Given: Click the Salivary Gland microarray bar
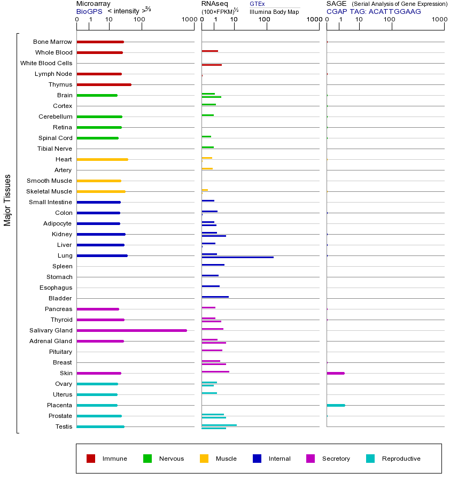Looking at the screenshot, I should (x=131, y=330).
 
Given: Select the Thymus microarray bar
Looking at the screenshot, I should (x=104, y=84).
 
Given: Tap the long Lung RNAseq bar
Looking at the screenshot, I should (x=237, y=258).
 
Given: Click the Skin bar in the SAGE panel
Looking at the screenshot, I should (x=335, y=373).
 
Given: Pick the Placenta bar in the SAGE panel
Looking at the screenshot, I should (x=336, y=405).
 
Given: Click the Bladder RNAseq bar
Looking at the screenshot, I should (x=215, y=297).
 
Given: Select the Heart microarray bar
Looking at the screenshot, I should (x=102, y=159).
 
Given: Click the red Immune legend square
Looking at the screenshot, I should (x=91, y=459).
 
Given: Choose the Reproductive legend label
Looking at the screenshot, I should (x=401, y=459).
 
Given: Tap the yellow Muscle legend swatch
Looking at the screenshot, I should (x=204, y=459).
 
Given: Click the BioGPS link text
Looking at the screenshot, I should (x=89, y=11).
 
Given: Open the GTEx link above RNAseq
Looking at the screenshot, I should (x=257, y=4).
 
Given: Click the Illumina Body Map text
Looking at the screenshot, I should (x=274, y=11).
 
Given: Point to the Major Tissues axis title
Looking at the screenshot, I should (x=7, y=200).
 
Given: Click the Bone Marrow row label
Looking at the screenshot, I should (x=52, y=42).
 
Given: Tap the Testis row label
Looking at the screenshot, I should (x=64, y=426).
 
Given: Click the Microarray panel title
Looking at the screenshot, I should (x=94, y=4).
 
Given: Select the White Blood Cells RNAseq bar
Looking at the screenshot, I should (x=212, y=65).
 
